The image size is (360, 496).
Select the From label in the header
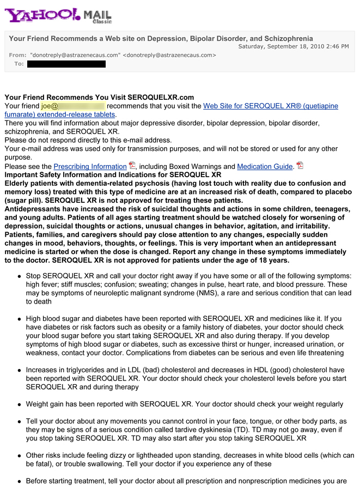(x=17, y=55)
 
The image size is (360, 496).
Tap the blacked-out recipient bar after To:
(x=66, y=64)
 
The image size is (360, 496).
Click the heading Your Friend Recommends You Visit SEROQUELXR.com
(x=99, y=97)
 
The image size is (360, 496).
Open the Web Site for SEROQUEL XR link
(x=270, y=106)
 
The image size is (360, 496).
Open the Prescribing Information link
(x=90, y=166)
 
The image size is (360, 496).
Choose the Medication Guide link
(x=265, y=166)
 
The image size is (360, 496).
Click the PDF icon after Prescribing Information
(x=132, y=166)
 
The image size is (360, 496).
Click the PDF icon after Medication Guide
(x=300, y=166)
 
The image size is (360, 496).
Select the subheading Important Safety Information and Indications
(x=113, y=175)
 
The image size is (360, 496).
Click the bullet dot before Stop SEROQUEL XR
(x=19, y=276)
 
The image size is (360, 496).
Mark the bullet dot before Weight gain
(x=19, y=404)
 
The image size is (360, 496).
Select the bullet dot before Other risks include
(x=19, y=456)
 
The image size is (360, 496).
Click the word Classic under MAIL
(x=102, y=21)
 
